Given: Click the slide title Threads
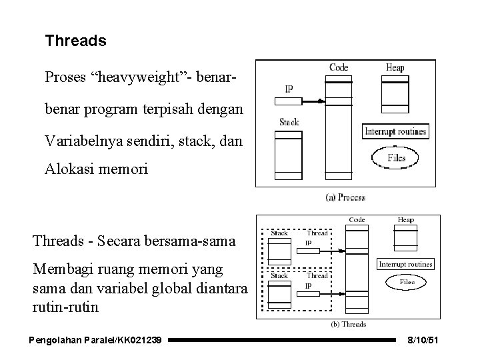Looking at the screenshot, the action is coord(75,41).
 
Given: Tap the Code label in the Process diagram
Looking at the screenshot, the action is coord(339,67).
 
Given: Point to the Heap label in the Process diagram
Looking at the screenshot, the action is coord(395,67).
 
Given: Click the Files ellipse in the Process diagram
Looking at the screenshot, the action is coord(397,159).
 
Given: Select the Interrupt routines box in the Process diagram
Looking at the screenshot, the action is coord(395,131).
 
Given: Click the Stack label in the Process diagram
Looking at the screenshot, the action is coord(289,122).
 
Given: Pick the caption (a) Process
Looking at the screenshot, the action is coord(344,197).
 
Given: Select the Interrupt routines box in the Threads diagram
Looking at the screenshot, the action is coord(405,265).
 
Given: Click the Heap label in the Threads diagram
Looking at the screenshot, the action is coord(405,220).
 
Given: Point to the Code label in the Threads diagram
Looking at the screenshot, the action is coord(357,220).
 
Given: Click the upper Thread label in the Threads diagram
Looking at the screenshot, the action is coord(317,233).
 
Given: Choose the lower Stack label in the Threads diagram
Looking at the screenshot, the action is coord(279,275).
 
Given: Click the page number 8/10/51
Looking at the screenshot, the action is coord(423,341).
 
